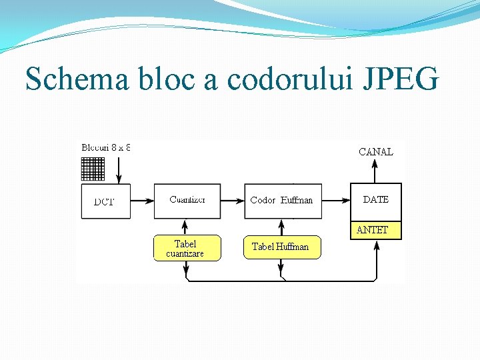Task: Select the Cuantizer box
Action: pos(187,201)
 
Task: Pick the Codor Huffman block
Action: pos(283,201)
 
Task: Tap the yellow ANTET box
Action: pos(376,230)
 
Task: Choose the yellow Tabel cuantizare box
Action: pos(186,248)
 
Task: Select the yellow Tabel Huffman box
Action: pos(281,247)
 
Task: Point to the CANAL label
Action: pos(376,151)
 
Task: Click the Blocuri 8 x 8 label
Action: pos(106,147)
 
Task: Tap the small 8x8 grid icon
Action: pos(93,169)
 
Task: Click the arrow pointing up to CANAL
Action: pos(376,172)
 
